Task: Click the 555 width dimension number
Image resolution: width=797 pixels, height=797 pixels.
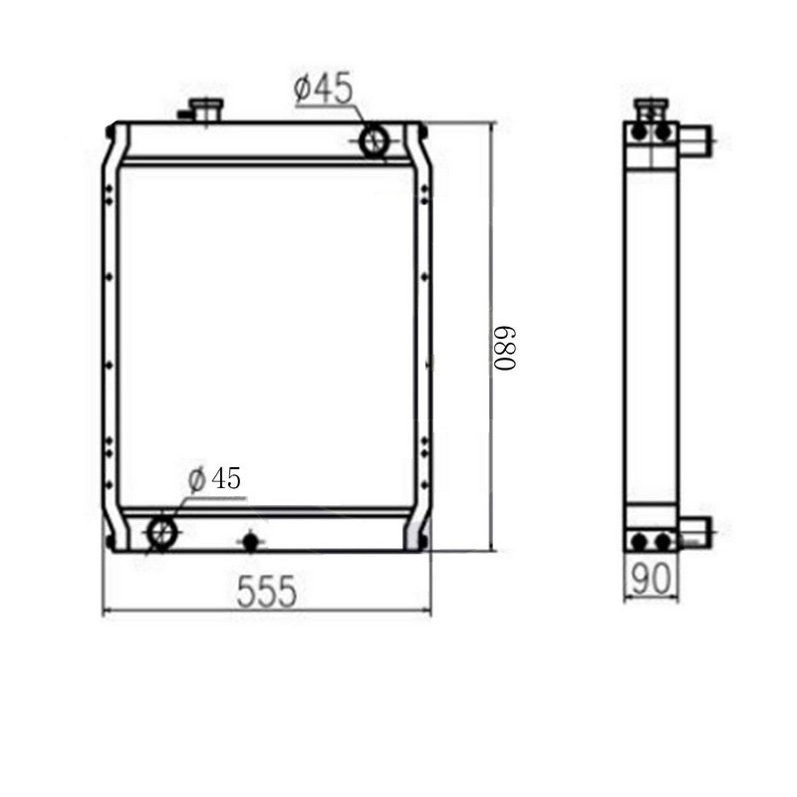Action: coord(267,592)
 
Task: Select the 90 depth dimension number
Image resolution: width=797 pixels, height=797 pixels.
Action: coord(651,575)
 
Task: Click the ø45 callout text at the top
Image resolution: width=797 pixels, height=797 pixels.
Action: coord(323,89)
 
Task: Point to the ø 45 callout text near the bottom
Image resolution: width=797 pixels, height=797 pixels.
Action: coord(214,478)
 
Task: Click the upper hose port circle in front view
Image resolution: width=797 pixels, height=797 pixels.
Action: coord(376,140)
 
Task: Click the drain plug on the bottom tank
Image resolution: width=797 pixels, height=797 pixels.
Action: coord(249,541)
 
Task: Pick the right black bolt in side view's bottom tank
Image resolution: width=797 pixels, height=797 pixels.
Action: coord(662,542)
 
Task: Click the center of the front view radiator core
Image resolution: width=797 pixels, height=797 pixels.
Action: coord(266,336)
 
